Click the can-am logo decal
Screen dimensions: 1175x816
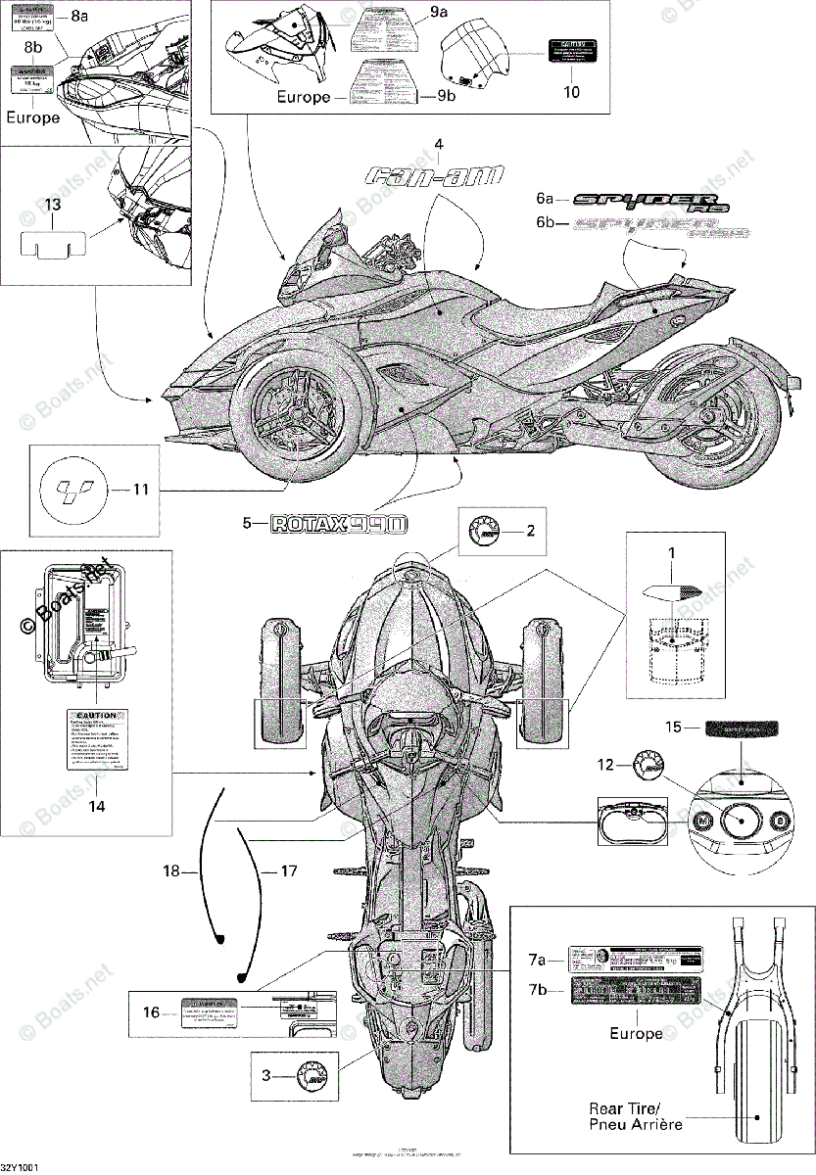pyautogui.click(x=434, y=176)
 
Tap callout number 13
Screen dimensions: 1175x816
pyautogui.click(x=52, y=204)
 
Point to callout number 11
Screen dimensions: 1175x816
pyautogui.click(x=141, y=489)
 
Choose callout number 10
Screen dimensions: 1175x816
pyautogui.click(x=572, y=92)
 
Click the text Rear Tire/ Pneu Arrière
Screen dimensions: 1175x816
pyautogui.click(x=636, y=1116)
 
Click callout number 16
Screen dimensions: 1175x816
pyautogui.click(x=151, y=1013)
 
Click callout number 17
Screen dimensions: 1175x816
pyautogui.click(x=288, y=869)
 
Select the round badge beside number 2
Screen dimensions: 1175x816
pyautogui.click(x=485, y=532)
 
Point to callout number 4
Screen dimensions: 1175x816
pyautogui.click(x=439, y=144)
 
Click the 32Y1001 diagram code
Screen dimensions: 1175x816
pyautogui.click(x=20, y=1168)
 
